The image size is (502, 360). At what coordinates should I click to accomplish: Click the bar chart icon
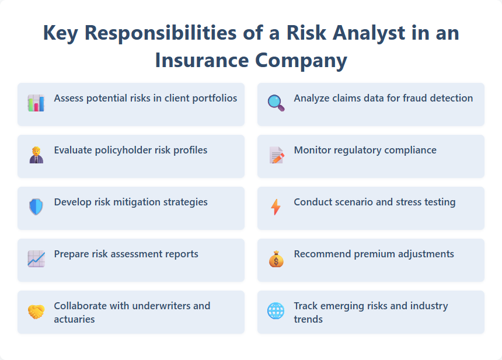(36, 103)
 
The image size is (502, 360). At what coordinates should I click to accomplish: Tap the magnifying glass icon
(276, 103)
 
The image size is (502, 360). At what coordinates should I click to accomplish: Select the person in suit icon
(36, 155)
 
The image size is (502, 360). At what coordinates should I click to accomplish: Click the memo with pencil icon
(276, 155)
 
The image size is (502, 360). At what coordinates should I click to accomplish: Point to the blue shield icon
(36, 207)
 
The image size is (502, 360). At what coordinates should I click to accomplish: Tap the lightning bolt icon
(276, 207)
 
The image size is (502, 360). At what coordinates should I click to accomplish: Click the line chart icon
(36, 259)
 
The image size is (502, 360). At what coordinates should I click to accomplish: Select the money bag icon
(276, 259)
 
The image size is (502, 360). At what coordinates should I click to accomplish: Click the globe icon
(276, 311)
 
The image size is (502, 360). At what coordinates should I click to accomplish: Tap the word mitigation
(119, 202)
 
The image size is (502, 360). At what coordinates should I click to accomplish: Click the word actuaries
(74, 319)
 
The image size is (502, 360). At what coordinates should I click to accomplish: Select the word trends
(308, 319)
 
